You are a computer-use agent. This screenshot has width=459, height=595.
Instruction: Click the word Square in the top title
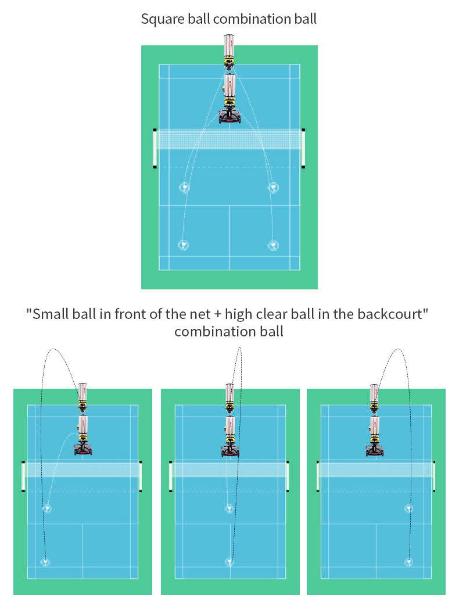[x=159, y=19]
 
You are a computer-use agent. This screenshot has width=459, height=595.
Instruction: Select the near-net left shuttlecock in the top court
[x=184, y=187]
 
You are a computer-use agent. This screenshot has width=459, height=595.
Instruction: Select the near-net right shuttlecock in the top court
[x=273, y=187]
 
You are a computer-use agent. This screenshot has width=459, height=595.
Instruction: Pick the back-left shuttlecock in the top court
[x=184, y=245]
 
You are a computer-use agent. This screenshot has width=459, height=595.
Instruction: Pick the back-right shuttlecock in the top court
[x=273, y=245]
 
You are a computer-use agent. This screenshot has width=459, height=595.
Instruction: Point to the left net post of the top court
[x=155, y=148]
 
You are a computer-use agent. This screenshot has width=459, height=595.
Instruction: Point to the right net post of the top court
[x=303, y=148]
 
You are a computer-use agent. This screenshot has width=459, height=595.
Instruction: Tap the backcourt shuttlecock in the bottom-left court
[x=45, y=562]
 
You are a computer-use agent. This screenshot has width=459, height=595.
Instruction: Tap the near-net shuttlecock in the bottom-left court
[x=47, y=508]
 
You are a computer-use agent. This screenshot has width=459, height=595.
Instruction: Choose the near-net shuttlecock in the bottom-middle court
[x=229, y=508]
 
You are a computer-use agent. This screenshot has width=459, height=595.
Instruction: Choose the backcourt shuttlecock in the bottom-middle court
[x=229, y=562]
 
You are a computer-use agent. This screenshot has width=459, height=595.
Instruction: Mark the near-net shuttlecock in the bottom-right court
[x=410, y=508]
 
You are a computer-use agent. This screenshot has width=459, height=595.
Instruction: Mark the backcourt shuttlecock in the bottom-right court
[x=410, y=562]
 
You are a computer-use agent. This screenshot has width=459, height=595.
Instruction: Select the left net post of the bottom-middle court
[x=170, y=476]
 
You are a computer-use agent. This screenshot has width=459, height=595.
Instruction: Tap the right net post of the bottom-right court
[x=435, y=476]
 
